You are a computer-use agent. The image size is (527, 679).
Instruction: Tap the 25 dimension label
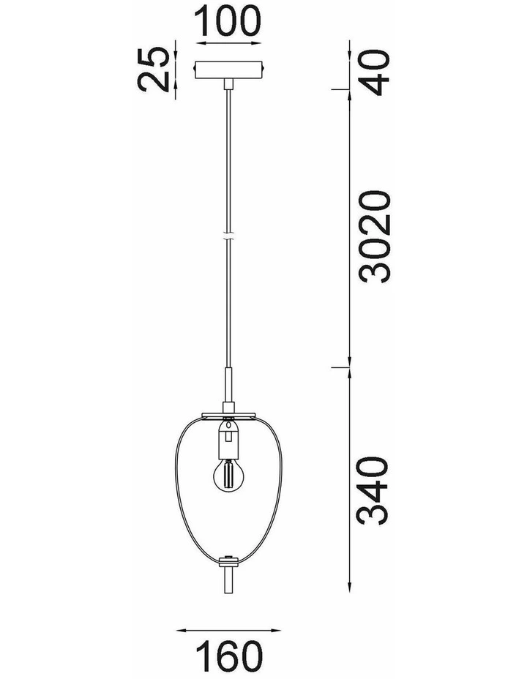[153, 70]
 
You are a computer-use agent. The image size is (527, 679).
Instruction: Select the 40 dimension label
[375, 72]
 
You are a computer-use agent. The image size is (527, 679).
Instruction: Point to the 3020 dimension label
[375, 237]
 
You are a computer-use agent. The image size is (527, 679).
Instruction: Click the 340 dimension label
[372, 491]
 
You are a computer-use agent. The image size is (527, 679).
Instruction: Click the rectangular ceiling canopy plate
[228, 70]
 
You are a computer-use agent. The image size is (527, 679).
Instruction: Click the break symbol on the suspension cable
[228, 237]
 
